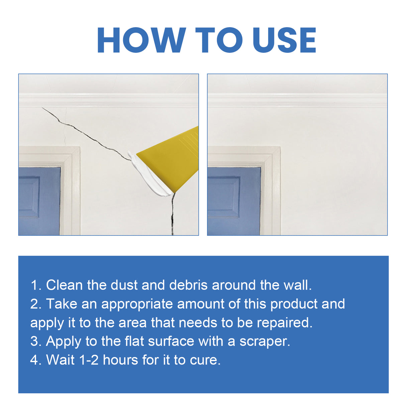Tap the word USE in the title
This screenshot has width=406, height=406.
(284, 40)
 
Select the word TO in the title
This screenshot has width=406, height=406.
(219, 40)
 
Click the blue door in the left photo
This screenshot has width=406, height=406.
(38, 201)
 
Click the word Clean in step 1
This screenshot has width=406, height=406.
(64, 285)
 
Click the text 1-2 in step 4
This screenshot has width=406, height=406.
(89, 360)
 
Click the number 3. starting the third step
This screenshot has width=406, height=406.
(36, 341)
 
